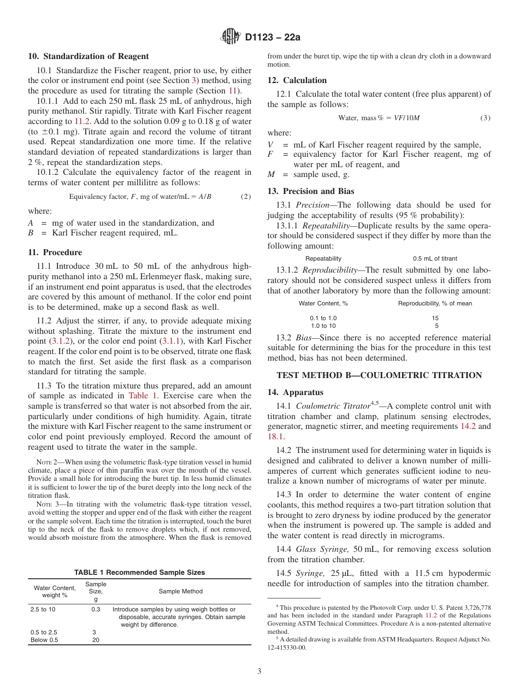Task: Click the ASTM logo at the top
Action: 230,37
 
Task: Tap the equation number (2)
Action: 246,197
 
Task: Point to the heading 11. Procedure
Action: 55,252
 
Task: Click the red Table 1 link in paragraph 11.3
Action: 142,396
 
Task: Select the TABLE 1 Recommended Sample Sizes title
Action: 140,573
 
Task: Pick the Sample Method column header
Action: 180,591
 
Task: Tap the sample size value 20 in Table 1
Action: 96,640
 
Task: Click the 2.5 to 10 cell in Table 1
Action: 43,609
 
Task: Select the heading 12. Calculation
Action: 297,80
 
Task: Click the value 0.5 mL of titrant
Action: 435,258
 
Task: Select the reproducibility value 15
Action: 435,318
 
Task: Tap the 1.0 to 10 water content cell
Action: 323,326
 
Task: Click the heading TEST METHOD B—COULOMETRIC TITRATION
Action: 379,375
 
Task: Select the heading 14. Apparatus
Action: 295,392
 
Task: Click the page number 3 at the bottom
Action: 259,672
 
